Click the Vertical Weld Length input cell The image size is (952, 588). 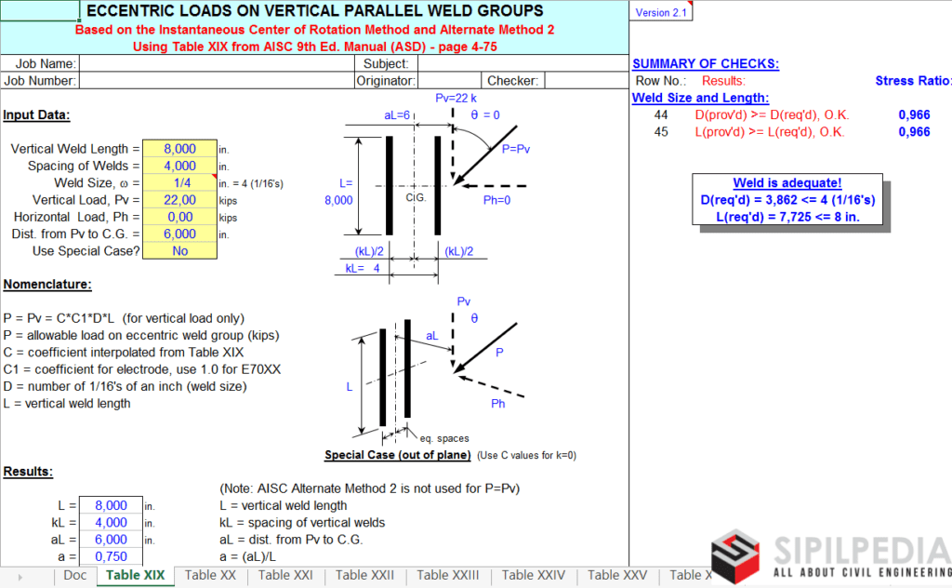pyautogui.click(x=179, y=149)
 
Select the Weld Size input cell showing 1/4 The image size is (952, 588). pyautogui.click(x=179, y=183)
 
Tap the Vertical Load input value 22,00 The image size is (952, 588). pyautogui.click(x=179, y=200)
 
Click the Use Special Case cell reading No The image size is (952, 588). pyautogui.click(x=179, y=251)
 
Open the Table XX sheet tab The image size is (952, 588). pyautogui.click(x=210, y=575)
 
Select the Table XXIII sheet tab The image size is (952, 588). pyautogui.click(x=448, y=575)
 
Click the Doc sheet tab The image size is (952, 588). pyautogui.click(x=75, y=575)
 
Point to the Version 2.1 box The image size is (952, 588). pyautogui.click(x=660, y=12)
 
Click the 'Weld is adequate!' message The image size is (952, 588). pyautogui.click(x=787, y=183)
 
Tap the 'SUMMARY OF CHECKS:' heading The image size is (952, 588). pyautogui.click(x=706, y=64)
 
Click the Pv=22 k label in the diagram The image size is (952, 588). pyautogui.click(x=456, y=98)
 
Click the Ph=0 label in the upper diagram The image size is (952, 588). pyautogui.click(x=502, y=198)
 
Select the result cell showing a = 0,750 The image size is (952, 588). pyautogui.click(x=111, y=556)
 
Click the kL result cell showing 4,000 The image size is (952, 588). pyautogui.click(x=111, y=523)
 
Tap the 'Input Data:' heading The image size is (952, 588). pyautogui.click(x=36, y=115)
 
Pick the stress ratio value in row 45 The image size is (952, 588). pyautogui.click(x=914, y=132)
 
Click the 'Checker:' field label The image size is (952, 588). pyautogui.click(x=512, y=81)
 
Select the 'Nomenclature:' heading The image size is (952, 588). pyautogui.click(x=47, y=285)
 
